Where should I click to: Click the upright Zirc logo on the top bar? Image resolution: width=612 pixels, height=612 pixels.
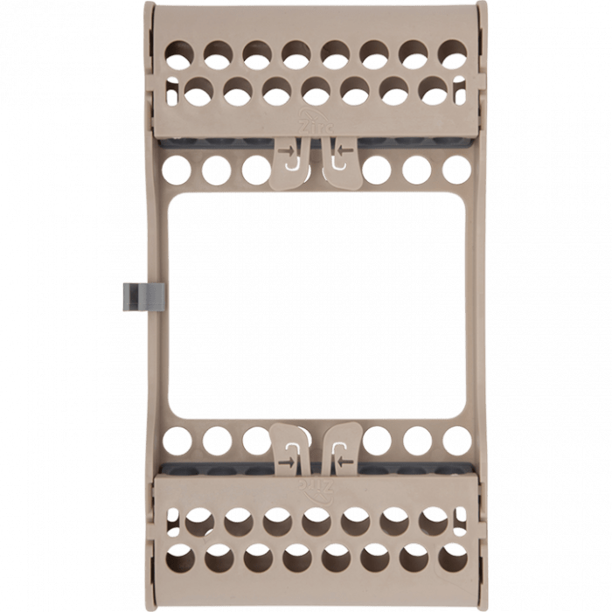pos(311,122)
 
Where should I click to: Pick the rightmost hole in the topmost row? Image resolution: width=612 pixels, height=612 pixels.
pos(452,51)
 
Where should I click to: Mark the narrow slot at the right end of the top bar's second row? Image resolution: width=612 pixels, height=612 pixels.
pos(463,90)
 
